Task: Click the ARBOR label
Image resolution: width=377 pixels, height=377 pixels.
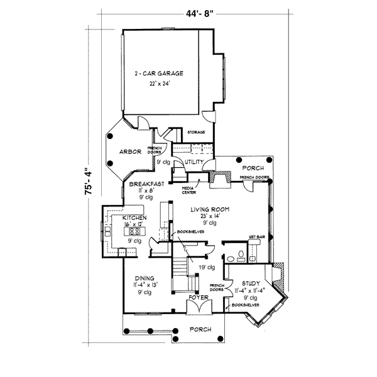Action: pyautogui.click(x=131, y=152)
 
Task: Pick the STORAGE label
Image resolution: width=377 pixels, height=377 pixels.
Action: pyautogui.click(x=197, y=132)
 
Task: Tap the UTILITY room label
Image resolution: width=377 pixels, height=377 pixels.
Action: pyautogui.click(x=192, y=162)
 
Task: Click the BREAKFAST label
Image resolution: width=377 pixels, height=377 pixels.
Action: pyautogui.click(x=147, y=184)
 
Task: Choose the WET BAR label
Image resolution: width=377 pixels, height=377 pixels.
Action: pyautogui.click(x=255, y=238)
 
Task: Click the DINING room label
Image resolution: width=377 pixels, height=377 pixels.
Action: pyautogui.click(x=144, y=278)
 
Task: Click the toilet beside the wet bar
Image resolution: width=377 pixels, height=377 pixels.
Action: pyautogui.click(x=232, y=256)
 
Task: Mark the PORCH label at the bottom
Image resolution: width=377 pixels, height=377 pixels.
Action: pyautogui.click(x=199, y=329)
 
